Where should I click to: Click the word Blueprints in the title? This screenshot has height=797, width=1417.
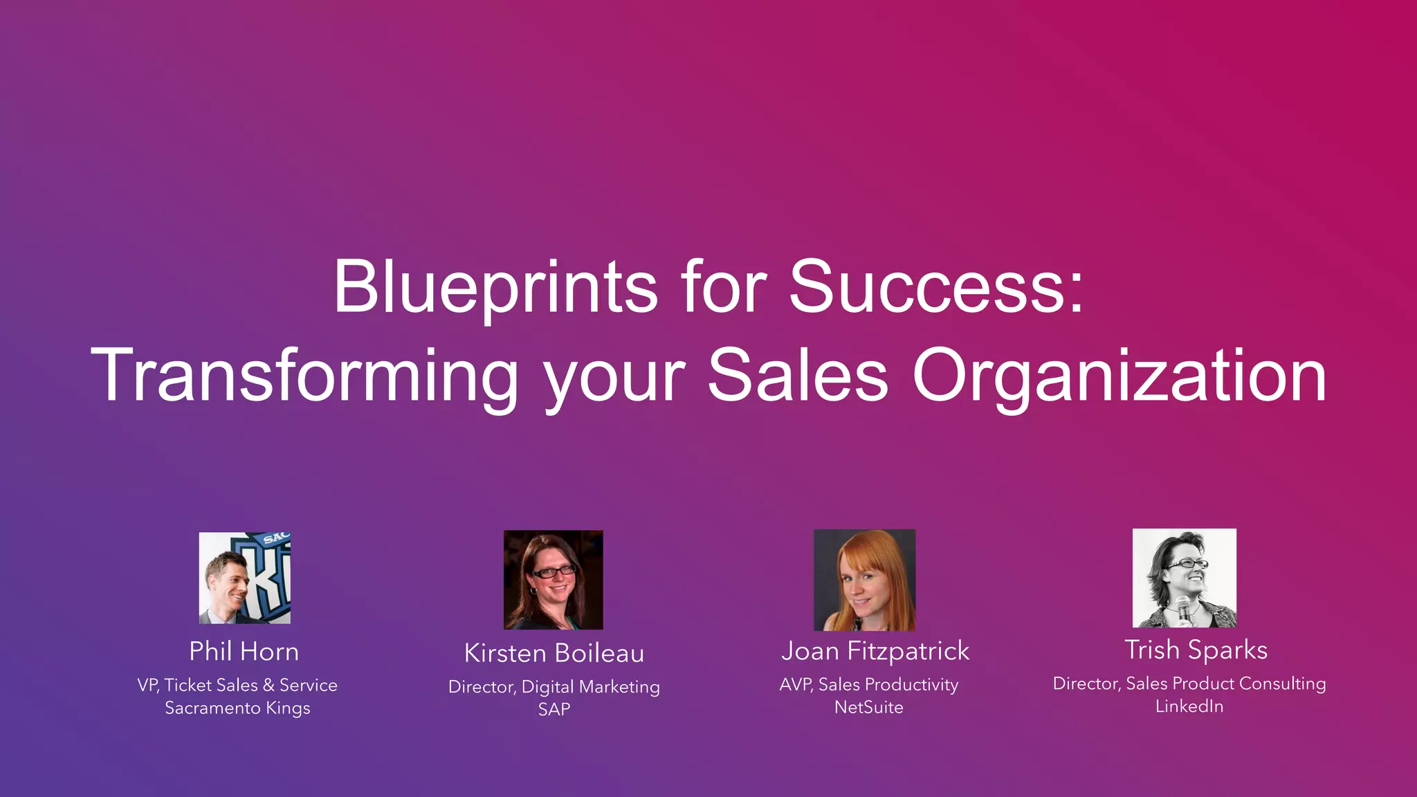pos(495,287)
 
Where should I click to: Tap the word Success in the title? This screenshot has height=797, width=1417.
pos(927,287)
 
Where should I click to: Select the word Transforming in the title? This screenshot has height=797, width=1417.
pos(304,376)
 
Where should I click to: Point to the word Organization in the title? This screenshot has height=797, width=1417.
pos(1119,376)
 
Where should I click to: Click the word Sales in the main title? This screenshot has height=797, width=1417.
pos(797,376)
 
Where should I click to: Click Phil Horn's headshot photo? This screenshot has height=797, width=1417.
pos(244,578)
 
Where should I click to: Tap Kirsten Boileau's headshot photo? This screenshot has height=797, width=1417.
pos(553,580)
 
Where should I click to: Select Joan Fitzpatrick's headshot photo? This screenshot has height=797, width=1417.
pos(864,580)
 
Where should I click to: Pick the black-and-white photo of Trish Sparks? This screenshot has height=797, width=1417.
pos(1184,578)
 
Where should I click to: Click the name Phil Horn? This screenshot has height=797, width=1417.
pos(244,652)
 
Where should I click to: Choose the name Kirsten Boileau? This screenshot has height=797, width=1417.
pos(554,653)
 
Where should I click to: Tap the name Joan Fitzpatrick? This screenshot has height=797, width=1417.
pos(875,651)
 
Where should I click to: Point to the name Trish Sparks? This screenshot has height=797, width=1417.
pos(1196,650)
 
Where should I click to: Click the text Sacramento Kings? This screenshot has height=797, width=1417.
pos(237,708)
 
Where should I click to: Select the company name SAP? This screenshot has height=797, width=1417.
pos(554,709)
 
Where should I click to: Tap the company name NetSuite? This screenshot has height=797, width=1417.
pos(868,707)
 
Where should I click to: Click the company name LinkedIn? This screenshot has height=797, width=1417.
pos(1189,706)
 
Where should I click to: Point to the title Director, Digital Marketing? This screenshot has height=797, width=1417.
pos(554,687)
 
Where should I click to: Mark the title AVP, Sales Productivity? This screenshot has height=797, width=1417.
pos(868,685)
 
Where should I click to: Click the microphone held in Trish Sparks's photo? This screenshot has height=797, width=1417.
pos(1184,609)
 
